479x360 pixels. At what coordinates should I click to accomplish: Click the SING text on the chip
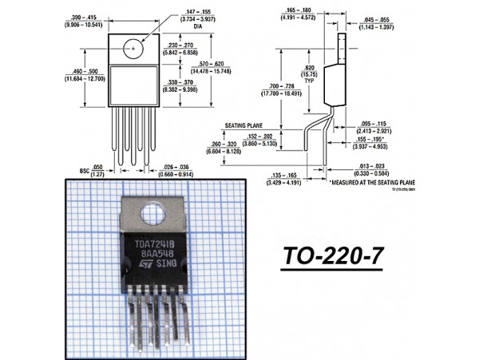coord(166,262)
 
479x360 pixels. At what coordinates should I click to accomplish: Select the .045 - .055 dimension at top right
coord(422,22)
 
